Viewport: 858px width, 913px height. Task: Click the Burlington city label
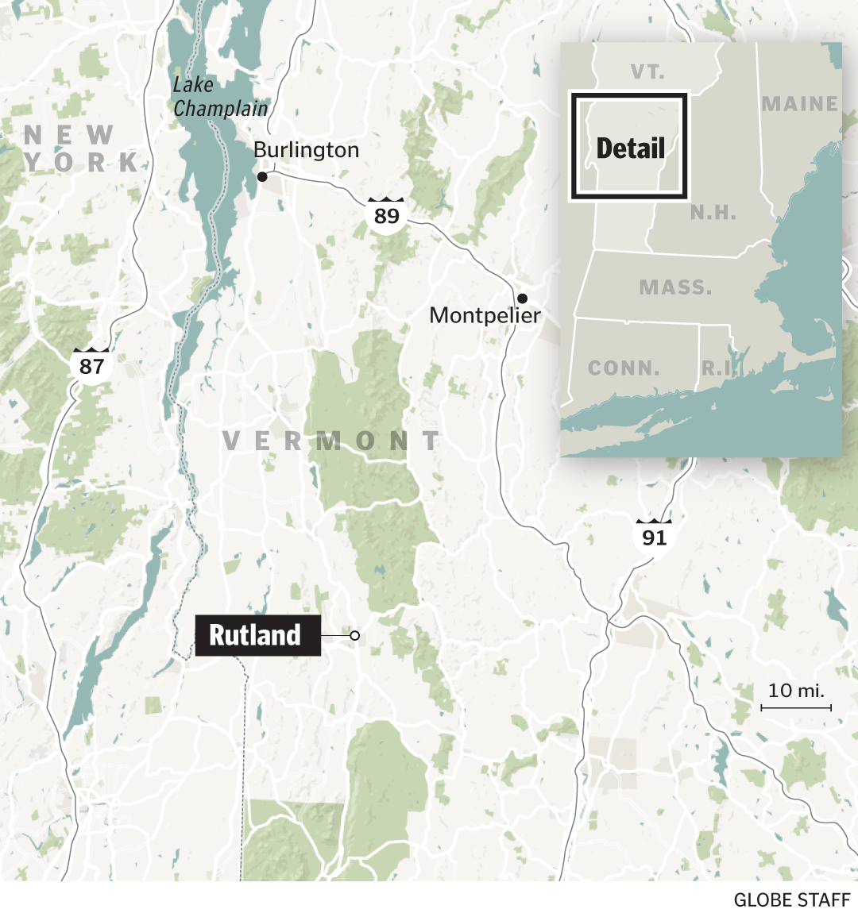pyautogui.click(x=306, y=150)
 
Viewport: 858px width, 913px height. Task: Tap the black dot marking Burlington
pyautogui.click(x=262, y=177)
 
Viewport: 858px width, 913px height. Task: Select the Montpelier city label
pyautogui.click(x=485, y=315)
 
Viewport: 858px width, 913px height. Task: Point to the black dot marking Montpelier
pyautogui.click(x=522, y=299)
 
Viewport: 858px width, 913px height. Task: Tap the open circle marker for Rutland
pyautogui.click(x=355, y=635)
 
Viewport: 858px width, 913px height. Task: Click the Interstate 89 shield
pyautogui.click(x=387, y=214)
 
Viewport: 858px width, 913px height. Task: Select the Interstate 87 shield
pyautogui.click(x=91, y=365)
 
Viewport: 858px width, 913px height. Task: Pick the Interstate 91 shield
pyautogui.click(x=654, y=537)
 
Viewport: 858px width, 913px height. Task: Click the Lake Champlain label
pyautogui.click(x=220, y=97)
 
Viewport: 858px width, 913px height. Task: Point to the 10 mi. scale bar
pyautogui.click(x=796, y=706)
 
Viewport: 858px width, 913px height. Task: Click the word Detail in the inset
pyautogui.click(x=630, y=148)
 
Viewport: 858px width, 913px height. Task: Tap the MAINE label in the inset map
pyautogui.click(x=799, y=104)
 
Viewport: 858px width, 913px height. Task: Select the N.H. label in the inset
pyautogui.click(x=713, y=213)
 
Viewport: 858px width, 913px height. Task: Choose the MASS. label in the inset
pyautogui.click(x=675, y=287)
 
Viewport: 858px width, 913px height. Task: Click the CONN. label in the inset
pyautogui.click(x=624, y=368)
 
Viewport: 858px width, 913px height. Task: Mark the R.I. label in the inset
pyautogui.click(x=717, y=368)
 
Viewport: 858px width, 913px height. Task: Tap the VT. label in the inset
pyautogui.click(x=647, y=72)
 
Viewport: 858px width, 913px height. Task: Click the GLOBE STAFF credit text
pyautogui.click(x=791, y=900)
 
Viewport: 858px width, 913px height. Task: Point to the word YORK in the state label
pyautogui.click(x=83, y=163)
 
